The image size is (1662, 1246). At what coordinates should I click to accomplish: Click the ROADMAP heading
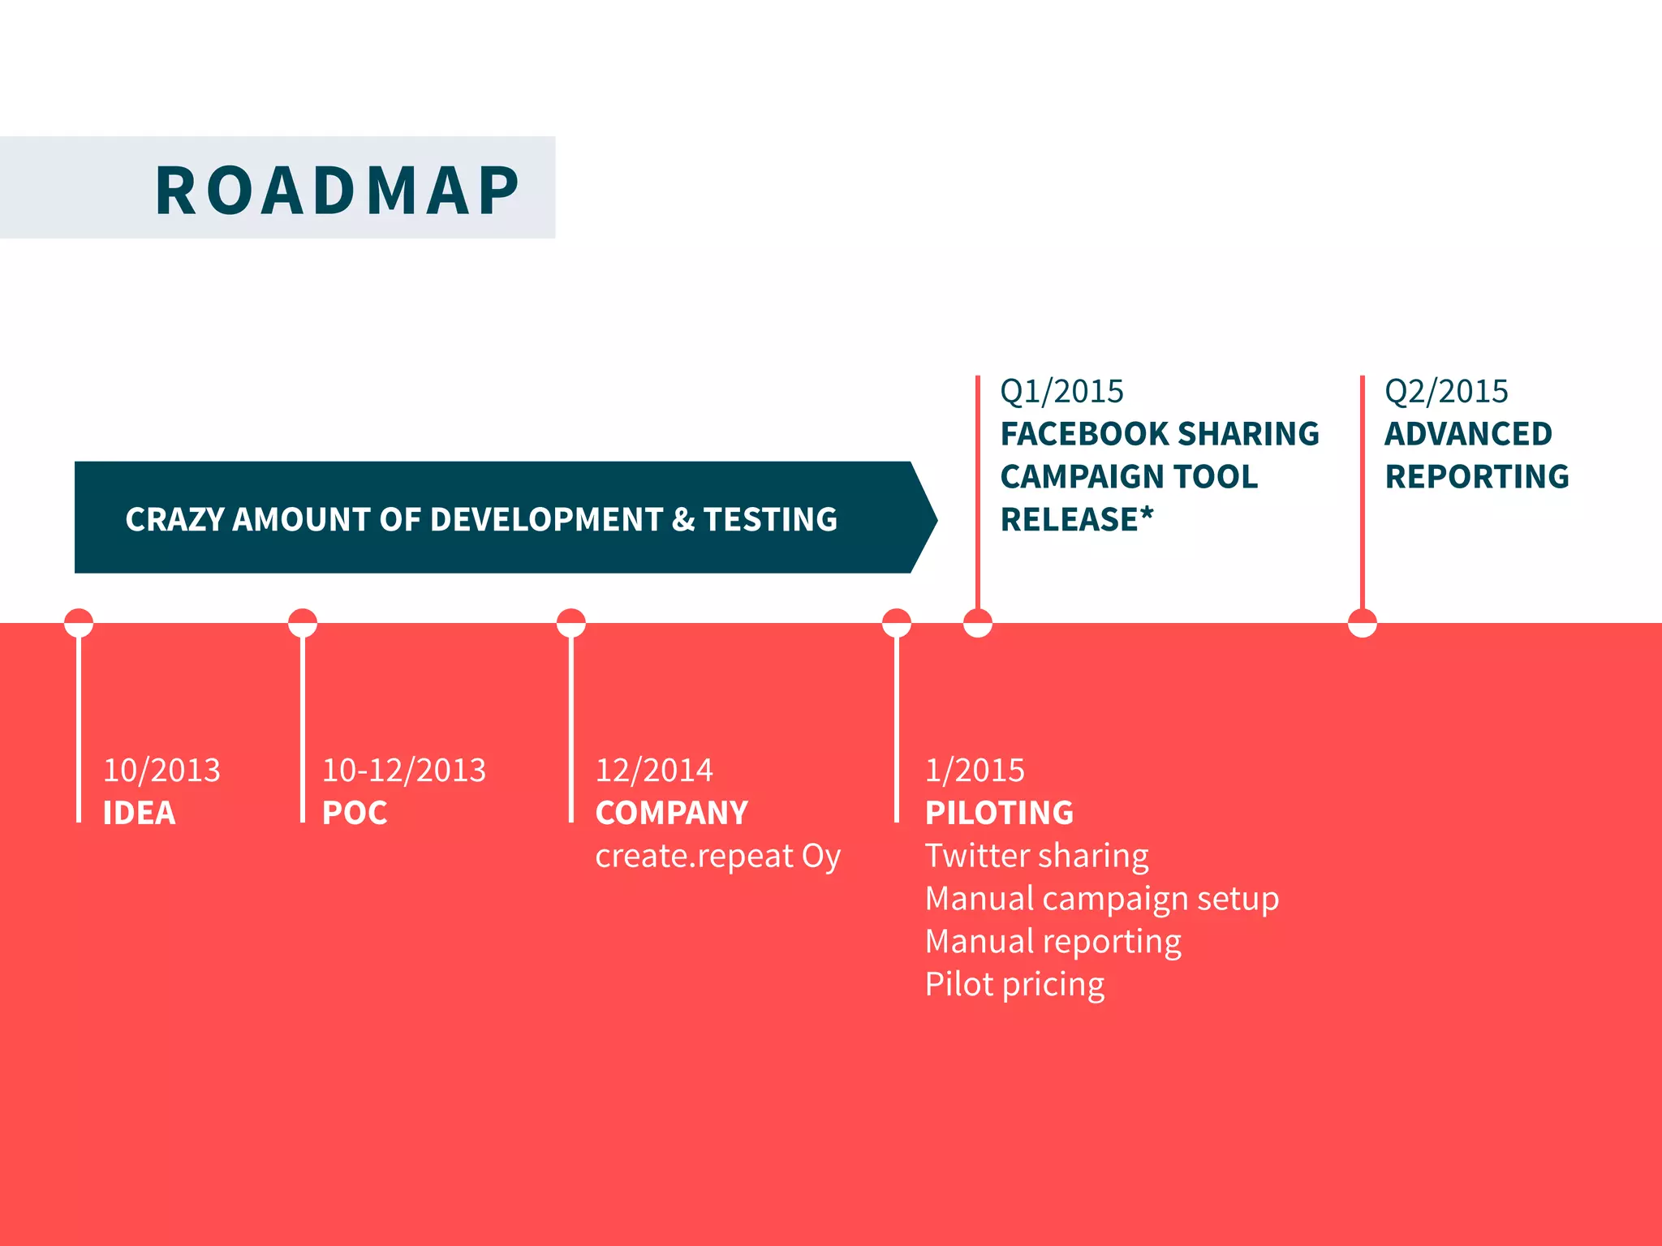(337, 191)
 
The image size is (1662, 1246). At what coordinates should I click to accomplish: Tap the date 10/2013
(161, 770)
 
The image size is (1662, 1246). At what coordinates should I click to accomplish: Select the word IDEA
(139, 813)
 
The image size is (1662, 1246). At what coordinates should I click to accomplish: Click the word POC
(355, 813)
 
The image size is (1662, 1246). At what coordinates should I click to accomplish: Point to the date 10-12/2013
(403, 770)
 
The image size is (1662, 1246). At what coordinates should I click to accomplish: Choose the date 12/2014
(654, 770)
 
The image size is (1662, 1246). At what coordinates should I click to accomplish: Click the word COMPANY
(671, 813)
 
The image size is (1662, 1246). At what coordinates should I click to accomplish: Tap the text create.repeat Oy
(717, 857)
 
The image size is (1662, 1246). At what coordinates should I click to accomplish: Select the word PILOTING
(999, 813)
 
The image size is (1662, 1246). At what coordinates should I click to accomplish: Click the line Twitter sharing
(1036, 856)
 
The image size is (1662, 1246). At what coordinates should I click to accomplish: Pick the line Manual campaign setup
(1101, 899)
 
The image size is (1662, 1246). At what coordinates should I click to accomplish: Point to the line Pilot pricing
(1014, 985)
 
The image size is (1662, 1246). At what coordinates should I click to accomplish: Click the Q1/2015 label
(1061, 392)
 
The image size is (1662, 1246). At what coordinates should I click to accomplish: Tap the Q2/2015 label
(1446, 392)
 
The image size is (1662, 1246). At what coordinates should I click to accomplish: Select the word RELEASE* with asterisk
(1076, 519)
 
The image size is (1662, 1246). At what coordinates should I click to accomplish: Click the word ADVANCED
(1468, 434)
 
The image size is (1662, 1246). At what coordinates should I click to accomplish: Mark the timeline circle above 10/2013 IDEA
(79, 623)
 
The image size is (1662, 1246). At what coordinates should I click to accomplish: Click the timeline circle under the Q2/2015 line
(1362, 623)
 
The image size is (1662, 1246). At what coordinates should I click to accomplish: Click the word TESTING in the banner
(770, 519)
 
